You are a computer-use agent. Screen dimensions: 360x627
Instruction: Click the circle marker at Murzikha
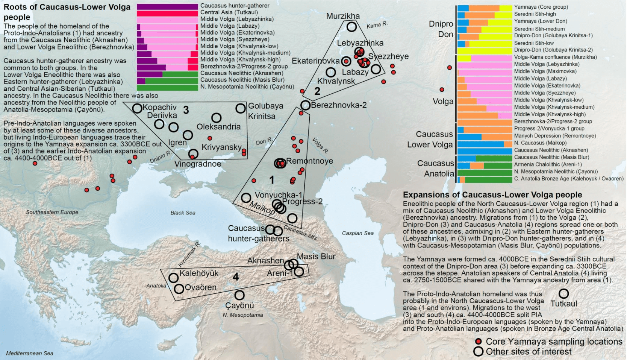351,27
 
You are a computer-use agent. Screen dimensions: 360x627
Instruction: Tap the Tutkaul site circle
563,293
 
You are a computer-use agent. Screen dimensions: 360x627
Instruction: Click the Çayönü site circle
239,295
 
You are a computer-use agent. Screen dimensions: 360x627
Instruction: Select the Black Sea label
183,213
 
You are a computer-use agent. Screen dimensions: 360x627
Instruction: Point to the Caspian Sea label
357,233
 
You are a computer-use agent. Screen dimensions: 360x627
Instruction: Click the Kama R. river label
377,25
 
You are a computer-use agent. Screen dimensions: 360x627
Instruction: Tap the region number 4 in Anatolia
236,277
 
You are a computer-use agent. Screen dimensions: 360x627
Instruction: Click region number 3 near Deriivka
186,110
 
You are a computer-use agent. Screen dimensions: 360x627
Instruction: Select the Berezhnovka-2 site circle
305,105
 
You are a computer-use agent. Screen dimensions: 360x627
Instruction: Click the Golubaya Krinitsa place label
265,111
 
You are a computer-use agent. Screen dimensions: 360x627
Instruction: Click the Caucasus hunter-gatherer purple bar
167,6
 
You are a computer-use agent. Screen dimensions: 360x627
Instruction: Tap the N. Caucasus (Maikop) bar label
540,143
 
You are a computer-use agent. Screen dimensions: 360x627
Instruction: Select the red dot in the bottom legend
479,342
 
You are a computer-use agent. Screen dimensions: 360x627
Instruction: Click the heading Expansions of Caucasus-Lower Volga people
492,195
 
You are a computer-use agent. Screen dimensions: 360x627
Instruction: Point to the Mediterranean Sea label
30,353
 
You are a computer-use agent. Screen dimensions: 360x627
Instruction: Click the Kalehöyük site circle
173,278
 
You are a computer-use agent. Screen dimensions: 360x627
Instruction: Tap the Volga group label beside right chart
443,102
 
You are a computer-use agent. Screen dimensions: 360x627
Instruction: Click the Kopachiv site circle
137,108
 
